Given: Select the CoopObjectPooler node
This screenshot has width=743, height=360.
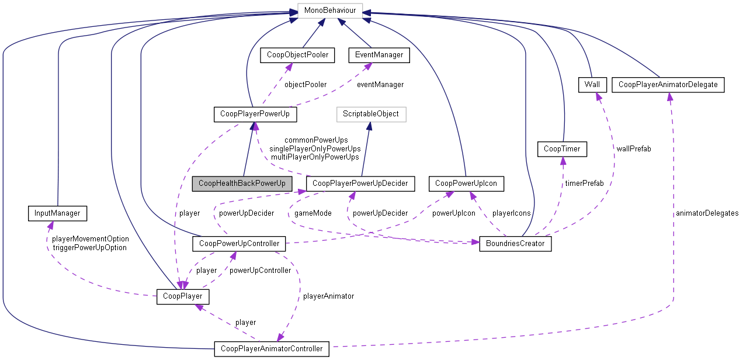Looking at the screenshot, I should coord(297,55).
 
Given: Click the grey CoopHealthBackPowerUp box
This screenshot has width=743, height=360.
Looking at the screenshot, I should coord(242,184).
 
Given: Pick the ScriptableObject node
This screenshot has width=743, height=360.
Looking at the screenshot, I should coord(371,114).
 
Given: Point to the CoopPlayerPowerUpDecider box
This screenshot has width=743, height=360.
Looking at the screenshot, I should coord(360,184).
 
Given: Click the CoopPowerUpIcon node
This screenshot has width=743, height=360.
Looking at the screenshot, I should coord(465,184).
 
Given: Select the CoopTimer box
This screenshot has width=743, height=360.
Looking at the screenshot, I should coord(562,149).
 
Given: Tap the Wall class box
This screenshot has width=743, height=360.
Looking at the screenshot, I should coord(592,85).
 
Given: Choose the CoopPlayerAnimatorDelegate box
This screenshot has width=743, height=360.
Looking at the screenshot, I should coord(668,85).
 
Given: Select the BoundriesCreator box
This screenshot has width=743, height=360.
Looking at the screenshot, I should coord(515,244).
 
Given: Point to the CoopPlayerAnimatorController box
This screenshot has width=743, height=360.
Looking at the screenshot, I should coord(272,349).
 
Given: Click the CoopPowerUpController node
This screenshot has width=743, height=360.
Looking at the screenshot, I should coord(239,244).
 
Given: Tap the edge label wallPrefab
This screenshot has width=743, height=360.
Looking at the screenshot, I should coord(633,149).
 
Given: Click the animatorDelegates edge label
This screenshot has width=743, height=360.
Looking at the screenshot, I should coord(706,213).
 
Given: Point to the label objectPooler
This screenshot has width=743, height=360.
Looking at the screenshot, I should coord(305,85).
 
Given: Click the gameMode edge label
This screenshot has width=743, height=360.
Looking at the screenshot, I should coord(313,213).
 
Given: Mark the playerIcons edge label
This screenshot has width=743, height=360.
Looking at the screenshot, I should coord(511,213).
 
